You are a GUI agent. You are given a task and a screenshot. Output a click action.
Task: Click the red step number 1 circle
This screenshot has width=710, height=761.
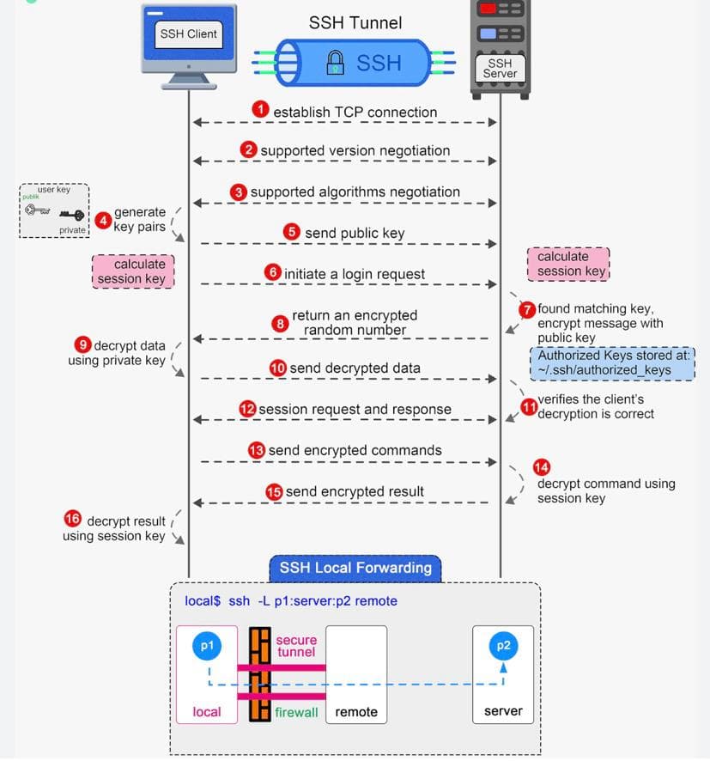point(260,109)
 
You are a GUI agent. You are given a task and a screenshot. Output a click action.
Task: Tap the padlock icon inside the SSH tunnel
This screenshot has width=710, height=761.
point(336,63)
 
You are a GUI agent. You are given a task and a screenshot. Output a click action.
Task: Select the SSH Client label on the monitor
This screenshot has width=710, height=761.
point(189,34)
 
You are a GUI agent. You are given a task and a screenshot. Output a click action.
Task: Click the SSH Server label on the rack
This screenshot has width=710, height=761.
point(500,69)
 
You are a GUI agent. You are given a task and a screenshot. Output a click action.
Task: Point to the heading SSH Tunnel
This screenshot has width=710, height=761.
point(355,21)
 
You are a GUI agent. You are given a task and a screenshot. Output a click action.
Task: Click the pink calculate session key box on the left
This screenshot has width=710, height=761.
point(132,271)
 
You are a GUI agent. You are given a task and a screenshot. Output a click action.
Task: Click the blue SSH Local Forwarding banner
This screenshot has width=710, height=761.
point(355,568)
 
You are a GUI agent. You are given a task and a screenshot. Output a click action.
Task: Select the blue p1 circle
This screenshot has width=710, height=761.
point(207,647)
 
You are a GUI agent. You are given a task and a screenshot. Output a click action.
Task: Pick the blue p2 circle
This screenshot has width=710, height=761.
point(503,647)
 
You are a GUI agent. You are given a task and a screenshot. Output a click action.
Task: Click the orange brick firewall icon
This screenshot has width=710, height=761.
point(259,674)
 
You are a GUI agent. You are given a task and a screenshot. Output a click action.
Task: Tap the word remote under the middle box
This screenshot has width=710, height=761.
point(356,712)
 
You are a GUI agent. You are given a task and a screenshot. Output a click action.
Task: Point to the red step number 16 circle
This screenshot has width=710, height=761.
point(73,519)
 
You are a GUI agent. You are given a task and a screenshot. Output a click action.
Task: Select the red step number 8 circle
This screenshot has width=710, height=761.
point(280,323)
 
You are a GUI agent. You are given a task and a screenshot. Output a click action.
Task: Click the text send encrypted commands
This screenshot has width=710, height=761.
point(355,450)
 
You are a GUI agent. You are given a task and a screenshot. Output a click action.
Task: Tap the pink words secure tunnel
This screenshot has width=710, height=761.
point(296,646)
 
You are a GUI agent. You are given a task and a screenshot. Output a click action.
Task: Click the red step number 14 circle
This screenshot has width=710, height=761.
point(542,467)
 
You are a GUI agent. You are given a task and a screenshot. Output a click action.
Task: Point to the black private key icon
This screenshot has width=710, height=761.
point(71,216)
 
